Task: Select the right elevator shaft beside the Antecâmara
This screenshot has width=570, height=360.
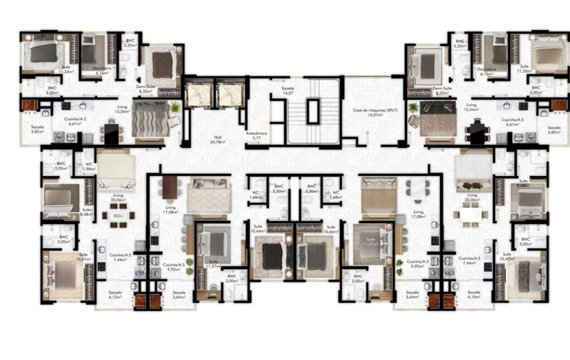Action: tap(229, 94)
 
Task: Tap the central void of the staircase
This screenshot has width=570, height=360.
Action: tap(313, 111)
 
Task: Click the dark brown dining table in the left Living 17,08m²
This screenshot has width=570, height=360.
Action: tap(170, 187)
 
